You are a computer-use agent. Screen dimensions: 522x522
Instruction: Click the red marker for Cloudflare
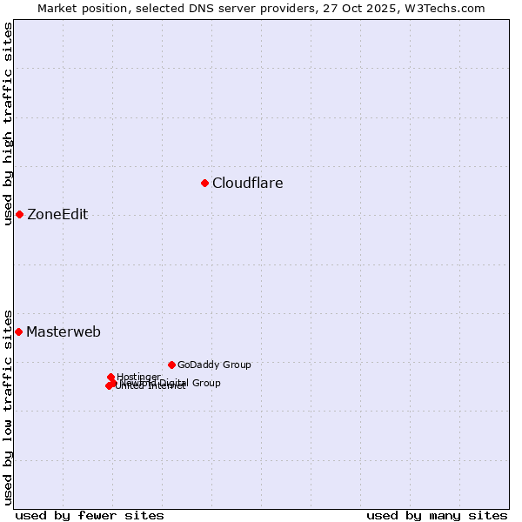click(x=205, y=183)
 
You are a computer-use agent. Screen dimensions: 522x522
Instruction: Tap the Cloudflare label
click(x=248, y=184)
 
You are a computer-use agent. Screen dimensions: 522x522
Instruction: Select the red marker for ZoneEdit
click(x=19, y=214)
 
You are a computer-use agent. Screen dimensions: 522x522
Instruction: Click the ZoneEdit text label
click(x=57, y=215)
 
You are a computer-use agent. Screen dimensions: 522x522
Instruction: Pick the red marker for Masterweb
click(x=18, y=331)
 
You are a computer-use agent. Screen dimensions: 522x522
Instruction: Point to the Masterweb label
click(x=64, y=332)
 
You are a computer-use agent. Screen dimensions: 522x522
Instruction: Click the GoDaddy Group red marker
click(x=171, y=365)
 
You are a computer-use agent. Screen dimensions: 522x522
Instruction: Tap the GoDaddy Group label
click(x=214, y=365)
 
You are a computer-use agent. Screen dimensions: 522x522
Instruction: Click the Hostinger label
click(x=138, y=377)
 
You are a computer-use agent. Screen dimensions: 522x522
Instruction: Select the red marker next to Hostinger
click(x=111, y=377)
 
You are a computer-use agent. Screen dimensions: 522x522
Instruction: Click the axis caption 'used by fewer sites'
click(x=90, y=515)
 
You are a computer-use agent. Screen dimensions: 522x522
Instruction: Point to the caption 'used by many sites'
click(x=437, y=515)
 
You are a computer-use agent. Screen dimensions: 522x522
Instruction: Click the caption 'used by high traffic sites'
click(x=9, y=124)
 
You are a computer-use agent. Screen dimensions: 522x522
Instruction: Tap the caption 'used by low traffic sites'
click(x=9, y=406)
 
